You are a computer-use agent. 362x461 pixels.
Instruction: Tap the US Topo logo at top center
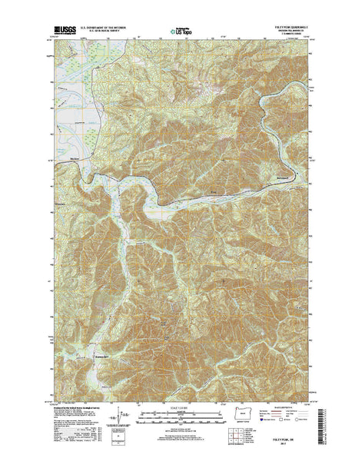182,33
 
